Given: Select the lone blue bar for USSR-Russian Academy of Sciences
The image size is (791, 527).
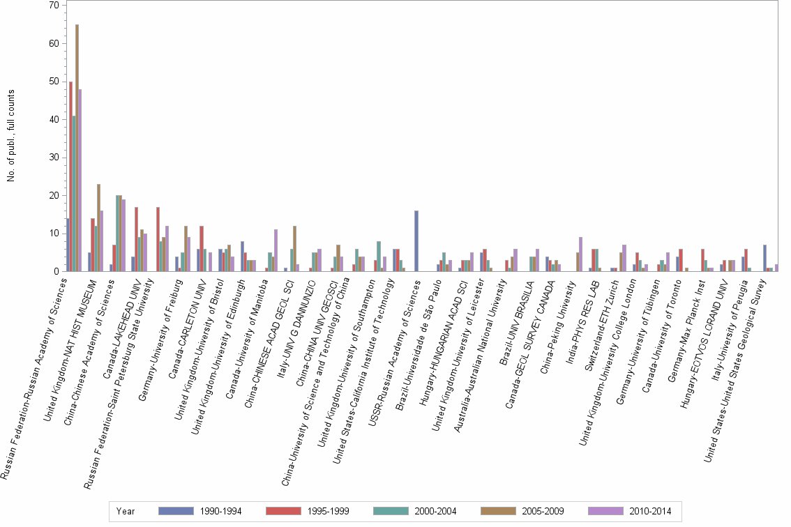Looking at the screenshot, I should [x=416, y=241].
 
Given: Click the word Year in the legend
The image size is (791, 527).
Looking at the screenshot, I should [x=126, y=511].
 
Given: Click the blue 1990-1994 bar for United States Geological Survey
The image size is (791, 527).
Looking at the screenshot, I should [x=765, y=258].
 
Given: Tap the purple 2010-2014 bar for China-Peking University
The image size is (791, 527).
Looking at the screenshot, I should [x=581, y=254].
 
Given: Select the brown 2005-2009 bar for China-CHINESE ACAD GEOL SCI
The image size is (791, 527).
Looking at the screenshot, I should [x=295, y=249].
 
